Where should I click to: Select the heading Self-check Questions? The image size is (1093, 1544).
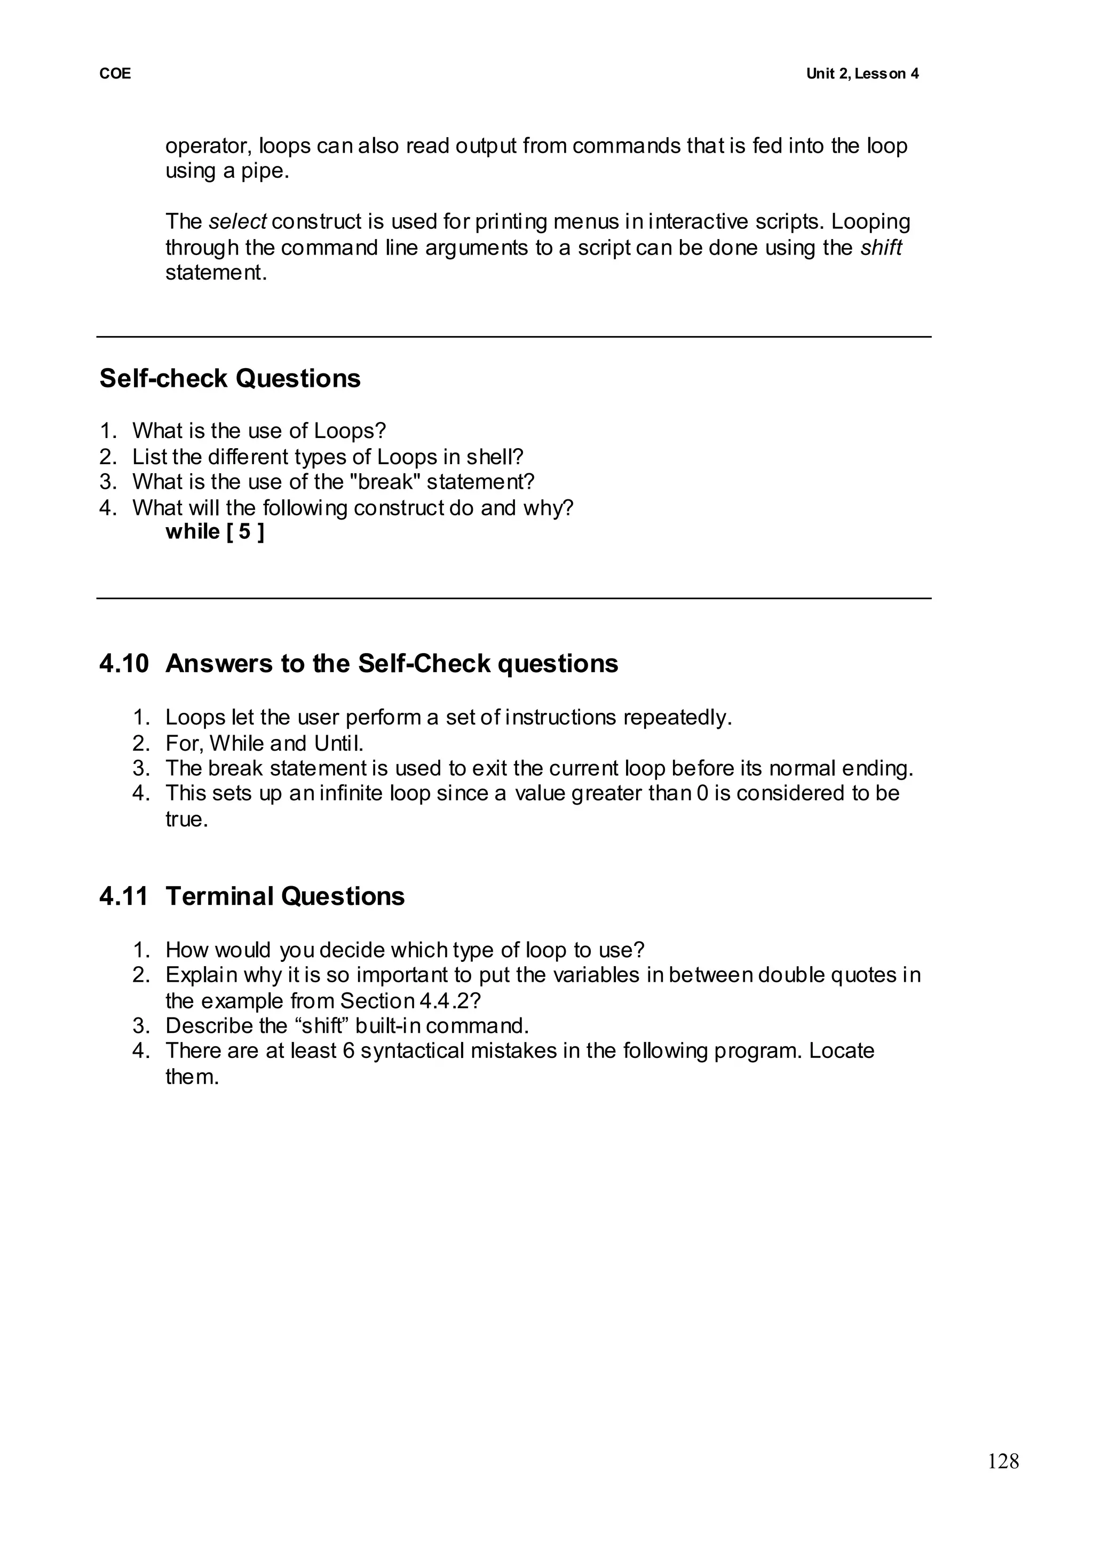[x=230, y=379]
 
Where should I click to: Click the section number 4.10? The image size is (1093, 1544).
[x=124, y=664]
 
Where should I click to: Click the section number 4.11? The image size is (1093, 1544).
[x=124, y=897]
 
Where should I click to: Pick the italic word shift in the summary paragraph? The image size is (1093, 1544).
[x=881, y=248]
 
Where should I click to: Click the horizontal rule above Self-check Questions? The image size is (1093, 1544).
[x=513, y=337]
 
